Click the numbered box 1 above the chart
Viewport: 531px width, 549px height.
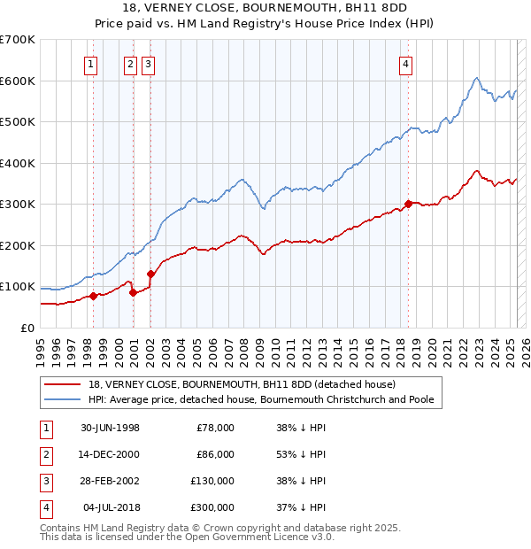tap(92, 63)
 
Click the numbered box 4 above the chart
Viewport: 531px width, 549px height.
tap(405, 63)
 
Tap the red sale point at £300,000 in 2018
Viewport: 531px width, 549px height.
tap(408, 204)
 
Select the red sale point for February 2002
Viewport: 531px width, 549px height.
tap(150, 274)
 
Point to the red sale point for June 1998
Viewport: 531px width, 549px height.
tap(93, 296)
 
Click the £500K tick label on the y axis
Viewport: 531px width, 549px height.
tap(18, 121)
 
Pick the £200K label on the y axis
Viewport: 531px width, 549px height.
tap(18, 245)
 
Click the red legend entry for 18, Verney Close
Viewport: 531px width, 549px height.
tap(242, 384)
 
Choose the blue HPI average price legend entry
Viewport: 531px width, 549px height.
tap(260, 399)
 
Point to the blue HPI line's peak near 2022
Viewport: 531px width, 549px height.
tap(476, 78)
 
